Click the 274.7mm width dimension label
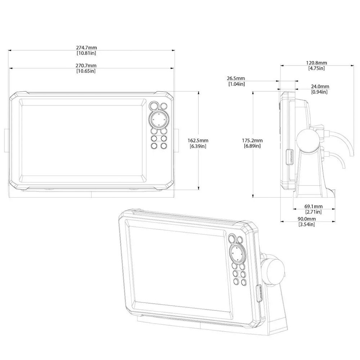click(86, 48)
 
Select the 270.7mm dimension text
click(86, 66)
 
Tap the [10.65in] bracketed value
click(86, 71)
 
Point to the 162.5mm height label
click(198, 140)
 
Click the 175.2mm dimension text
click(252, 140)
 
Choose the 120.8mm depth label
click(316, 63)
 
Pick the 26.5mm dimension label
click(236, 78)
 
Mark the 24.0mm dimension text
click(320, 86)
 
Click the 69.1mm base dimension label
click(314, 207)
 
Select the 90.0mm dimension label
click(307, 219)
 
